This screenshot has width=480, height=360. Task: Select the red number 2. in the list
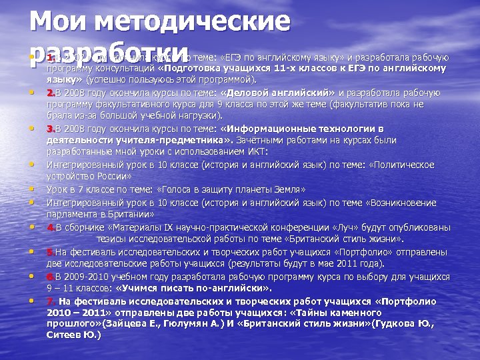click(51, 92)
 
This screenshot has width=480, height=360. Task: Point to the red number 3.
click(51, 129)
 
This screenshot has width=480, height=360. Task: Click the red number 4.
click(51, 227)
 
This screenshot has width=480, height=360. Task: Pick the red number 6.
click(51, 277)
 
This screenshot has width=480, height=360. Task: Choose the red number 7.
click(51, 301)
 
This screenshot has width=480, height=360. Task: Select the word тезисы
click(110, 239)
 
